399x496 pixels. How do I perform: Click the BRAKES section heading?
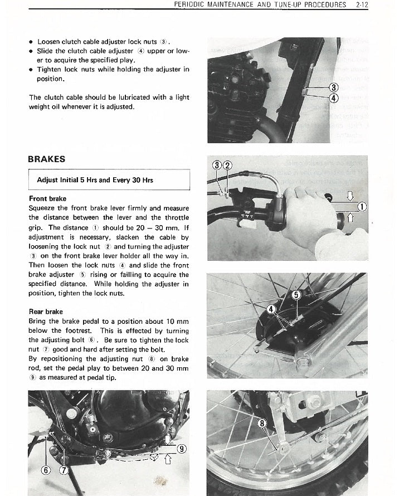pos(47,159)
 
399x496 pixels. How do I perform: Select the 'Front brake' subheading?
pos(47,198)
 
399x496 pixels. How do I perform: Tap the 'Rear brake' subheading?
pos(46,312)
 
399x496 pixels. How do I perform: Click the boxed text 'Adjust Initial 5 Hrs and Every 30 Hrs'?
pos(95,180)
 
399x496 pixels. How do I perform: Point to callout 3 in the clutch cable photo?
pos(334,87)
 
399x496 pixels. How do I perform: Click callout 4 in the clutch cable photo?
pos(334,98)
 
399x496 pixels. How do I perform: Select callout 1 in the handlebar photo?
pos(362,207)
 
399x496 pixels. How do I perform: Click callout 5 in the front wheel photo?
pos(296,294)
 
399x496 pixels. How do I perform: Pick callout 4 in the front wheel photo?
pos(272,309)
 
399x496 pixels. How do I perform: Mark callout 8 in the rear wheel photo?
pos(263,423)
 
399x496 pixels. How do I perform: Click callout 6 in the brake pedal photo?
pos(47,470)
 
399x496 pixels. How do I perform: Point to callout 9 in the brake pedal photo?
pos(181,449)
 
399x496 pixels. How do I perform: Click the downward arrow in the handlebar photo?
pos(350,195)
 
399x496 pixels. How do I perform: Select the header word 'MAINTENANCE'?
pos(228,4)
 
